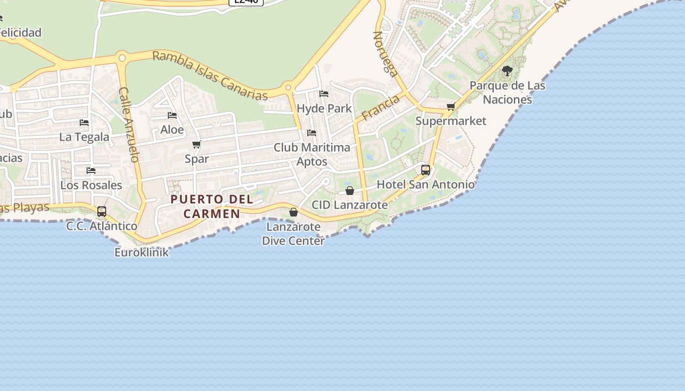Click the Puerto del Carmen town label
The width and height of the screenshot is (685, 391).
click(x=212, y=206)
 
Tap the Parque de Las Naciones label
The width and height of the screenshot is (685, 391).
click(x=507, y=92)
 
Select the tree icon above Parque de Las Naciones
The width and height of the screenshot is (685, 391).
click(x=507, y=71)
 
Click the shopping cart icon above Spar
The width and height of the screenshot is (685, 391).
click(x=197, y=144)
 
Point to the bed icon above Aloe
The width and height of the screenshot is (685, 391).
click(x=172, y=115)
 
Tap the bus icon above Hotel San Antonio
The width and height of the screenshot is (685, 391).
click(x=426, y=170)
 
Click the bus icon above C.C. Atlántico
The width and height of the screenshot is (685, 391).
click(x=102, y=211)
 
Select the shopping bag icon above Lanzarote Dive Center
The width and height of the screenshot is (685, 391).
click(x=294, y=212)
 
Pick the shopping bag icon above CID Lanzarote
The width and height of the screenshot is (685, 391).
click(x=350, y=190)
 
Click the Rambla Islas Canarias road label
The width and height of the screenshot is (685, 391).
click(x=210, y=75)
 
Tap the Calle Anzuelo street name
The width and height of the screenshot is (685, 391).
click(x=129, y=125)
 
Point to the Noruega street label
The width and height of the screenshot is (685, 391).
click(x=385, y=54)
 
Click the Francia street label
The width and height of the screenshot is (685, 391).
click(x=381, y=108)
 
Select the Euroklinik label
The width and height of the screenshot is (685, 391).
click(x=141, y=252)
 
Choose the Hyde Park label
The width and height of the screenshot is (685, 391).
click(x=324, y=108)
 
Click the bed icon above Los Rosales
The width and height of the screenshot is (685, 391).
click(x=91, y=171)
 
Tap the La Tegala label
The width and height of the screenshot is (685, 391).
click(x=84, y=137)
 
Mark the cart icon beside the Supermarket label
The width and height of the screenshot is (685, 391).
click(x=451, y=107)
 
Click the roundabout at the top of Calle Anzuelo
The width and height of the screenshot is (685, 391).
click(x=122, y=58)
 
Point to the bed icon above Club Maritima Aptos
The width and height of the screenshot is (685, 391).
click(x=312, y=132)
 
